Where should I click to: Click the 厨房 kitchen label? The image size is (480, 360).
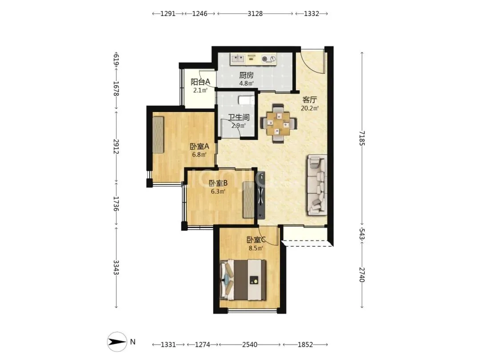point(246,75)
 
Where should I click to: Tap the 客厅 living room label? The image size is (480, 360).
point(309,100)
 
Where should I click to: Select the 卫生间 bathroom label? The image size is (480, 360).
point(239,117)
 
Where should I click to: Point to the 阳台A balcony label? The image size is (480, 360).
point(200,82)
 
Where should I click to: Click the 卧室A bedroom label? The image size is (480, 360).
point(199,146)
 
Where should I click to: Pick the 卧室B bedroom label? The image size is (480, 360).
point(218,184)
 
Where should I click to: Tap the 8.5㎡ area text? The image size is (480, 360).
point(256,248)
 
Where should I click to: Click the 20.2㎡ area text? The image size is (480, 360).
point(310,108)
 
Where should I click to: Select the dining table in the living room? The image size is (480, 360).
point(278,124)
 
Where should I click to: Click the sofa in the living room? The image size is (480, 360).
point(317,185)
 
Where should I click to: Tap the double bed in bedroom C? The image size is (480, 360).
point(243,280)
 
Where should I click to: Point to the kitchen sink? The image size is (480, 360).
point(237,59)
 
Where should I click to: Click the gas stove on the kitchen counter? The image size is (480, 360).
point(269,59)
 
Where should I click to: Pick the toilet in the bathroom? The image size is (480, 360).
point(246,100)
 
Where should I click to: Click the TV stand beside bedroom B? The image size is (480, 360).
point(261,195)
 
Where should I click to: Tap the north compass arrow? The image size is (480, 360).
point(117,342)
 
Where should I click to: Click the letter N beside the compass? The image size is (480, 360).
point(132,342)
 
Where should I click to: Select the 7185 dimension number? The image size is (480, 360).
point(362,138)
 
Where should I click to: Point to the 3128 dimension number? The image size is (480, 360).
point(255,14)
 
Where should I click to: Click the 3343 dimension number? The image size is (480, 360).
point(116,267)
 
